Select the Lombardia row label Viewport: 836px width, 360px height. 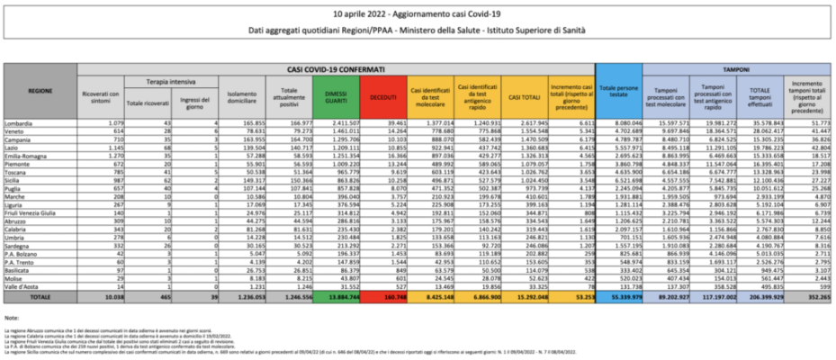(41, 121)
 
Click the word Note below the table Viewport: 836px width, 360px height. (12, 319)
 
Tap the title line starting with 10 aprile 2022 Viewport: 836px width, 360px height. (418, 15)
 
